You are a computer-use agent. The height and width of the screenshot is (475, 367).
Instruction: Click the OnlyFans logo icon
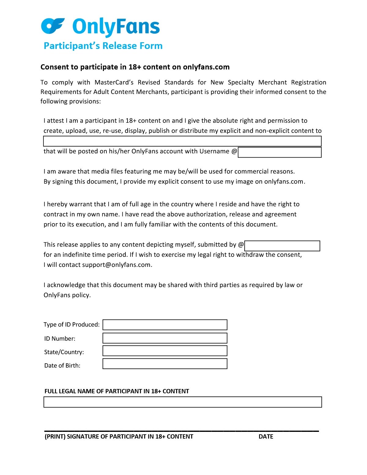coord(53,26)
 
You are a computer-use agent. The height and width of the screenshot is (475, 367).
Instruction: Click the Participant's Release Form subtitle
coord(103,46)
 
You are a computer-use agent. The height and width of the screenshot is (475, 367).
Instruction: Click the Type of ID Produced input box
coord(165,325)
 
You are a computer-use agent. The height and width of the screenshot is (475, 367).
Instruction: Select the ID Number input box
coord(165,338)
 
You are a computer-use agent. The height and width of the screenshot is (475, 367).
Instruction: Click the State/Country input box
coord(165,351)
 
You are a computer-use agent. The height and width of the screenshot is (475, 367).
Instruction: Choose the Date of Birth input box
coord(165,364)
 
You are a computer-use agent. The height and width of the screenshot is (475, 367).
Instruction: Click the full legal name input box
coord(183,402)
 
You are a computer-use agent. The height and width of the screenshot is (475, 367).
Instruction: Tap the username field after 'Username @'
coord(280,152)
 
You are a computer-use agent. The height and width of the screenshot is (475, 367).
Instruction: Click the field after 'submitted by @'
coord(282,246)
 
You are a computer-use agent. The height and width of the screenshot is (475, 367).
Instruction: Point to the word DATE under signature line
coord(266,437)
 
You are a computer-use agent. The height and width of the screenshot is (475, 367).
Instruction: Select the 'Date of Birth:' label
coord(62,365)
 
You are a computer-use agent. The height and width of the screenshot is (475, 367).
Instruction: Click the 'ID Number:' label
coord(60,338)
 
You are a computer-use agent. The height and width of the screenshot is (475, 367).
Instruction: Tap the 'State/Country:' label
coord(64,352)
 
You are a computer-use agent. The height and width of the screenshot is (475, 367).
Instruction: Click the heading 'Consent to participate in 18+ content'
coord(135,67)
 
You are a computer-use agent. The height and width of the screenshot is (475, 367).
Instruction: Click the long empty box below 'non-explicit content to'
coord(182,141)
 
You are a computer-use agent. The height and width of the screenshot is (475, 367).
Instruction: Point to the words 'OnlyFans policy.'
coord(67,295)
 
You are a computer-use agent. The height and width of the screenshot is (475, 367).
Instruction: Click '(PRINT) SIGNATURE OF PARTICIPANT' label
coord(119,437)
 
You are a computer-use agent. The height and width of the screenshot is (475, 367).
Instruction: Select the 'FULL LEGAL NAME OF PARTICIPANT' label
coord(117,391)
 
